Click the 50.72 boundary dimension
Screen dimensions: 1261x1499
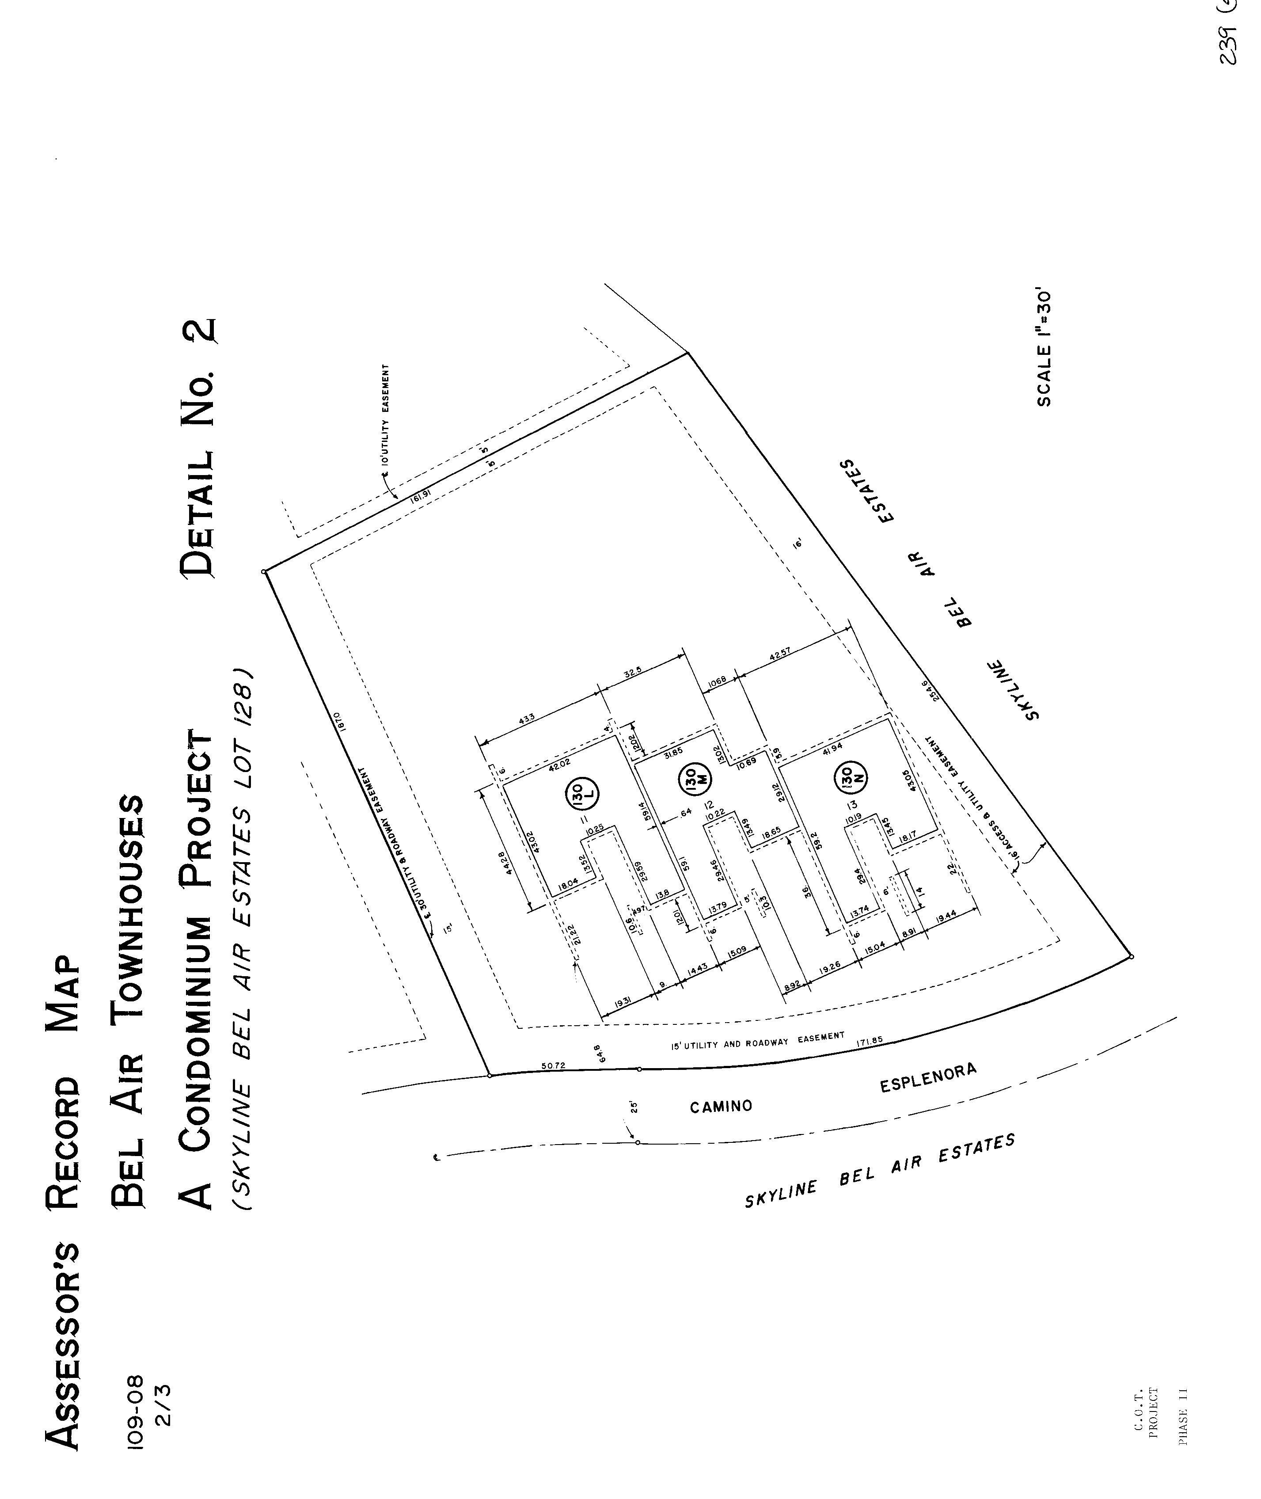553,1066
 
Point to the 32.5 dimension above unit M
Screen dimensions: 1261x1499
632,673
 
